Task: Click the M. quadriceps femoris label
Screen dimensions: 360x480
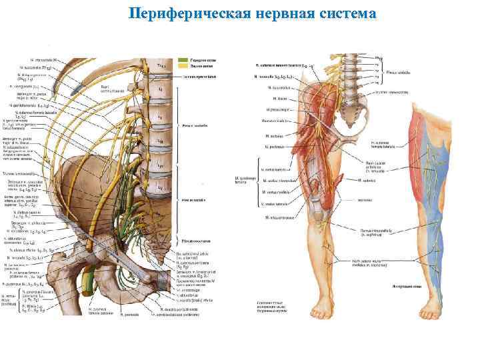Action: coord(247,181)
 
